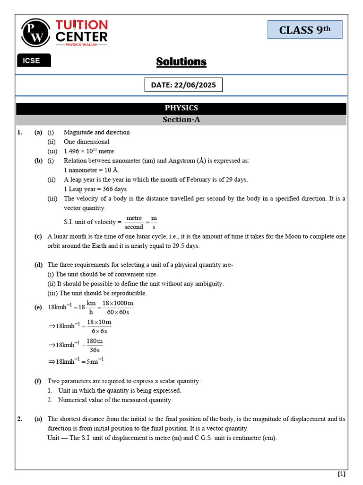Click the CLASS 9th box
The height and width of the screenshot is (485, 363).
click(x=305, y=30)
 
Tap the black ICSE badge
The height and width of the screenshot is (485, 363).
click(x=34, y=61)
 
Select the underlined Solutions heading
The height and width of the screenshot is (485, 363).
click(x=181, y=62)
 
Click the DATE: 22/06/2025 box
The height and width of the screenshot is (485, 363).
click(x=183, y=85)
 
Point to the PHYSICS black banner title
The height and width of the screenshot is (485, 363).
click(x=181, y=108)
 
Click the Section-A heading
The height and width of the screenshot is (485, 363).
click(x=181, y=120)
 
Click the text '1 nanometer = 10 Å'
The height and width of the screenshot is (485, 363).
click(x=91, y=170)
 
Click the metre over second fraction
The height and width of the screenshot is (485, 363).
click(x=134, y=223)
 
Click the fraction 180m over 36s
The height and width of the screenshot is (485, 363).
click(x=95, y=345)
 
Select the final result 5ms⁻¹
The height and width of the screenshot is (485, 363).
click(x=94, y=361)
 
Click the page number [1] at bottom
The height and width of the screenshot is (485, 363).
click(x=341, y=474)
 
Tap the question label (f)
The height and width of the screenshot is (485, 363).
click(x=38, y=381)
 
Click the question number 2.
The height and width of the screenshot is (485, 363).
click(x=19, y=419)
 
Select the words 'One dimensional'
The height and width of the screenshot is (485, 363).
click(x=86, y=142)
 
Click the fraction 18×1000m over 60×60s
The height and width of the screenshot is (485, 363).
click(x=118, y=307)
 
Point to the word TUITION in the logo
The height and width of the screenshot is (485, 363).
click(x=82, y=25)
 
